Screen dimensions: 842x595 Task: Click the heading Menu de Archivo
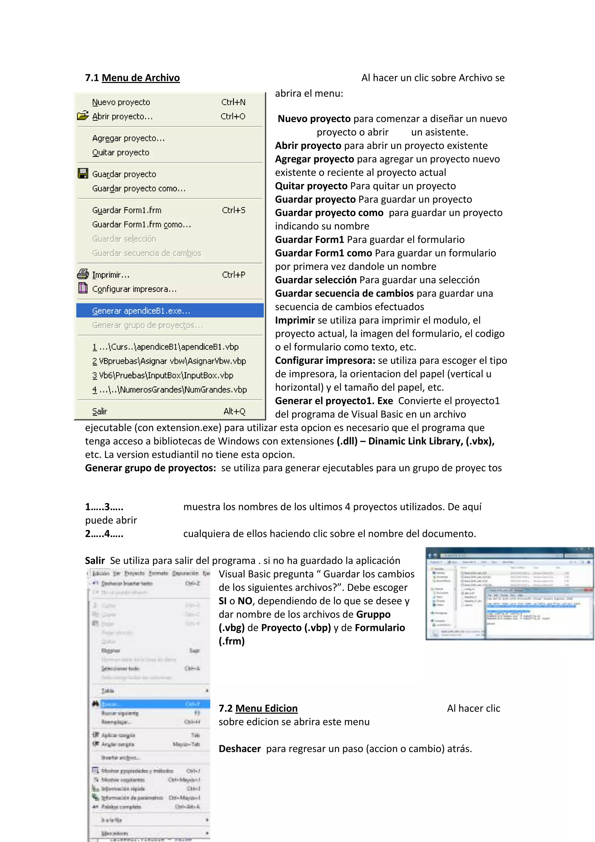pyautogui.click(x=141, y=78)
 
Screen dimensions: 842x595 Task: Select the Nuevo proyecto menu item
pyautogui.click(x=121, y=102)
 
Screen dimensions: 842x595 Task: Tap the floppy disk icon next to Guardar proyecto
pyautogui.click(x=83, y=174)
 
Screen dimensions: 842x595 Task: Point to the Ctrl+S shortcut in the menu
pyautogui.click(x=233, y=210)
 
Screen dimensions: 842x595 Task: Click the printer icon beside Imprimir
pyautogui.click(x=83, y=274)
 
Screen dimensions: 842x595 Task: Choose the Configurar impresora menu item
pyautogui.click(x=134, y=289)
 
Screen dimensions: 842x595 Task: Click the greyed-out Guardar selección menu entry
pyautogui.click(x=124, y=239)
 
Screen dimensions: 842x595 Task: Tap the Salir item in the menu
pyautogui.click(x=100, y=411)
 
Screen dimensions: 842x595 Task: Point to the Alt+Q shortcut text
pyautogui.click(x=234, y=411)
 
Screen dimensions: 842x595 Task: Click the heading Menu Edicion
pyautogui.click(x=266, y=708)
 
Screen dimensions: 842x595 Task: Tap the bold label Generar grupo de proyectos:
pyautogui.click(x=150, y=468)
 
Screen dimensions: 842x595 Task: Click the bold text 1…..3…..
pyautogui.click(x=104, y=507)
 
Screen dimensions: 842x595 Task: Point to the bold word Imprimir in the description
pyautogui.click(x=295, y=320)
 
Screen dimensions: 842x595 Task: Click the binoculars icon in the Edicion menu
pyautogui.click(x=95, y=703)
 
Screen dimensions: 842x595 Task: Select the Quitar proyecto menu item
pyautogui.click(x=121, y=153)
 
